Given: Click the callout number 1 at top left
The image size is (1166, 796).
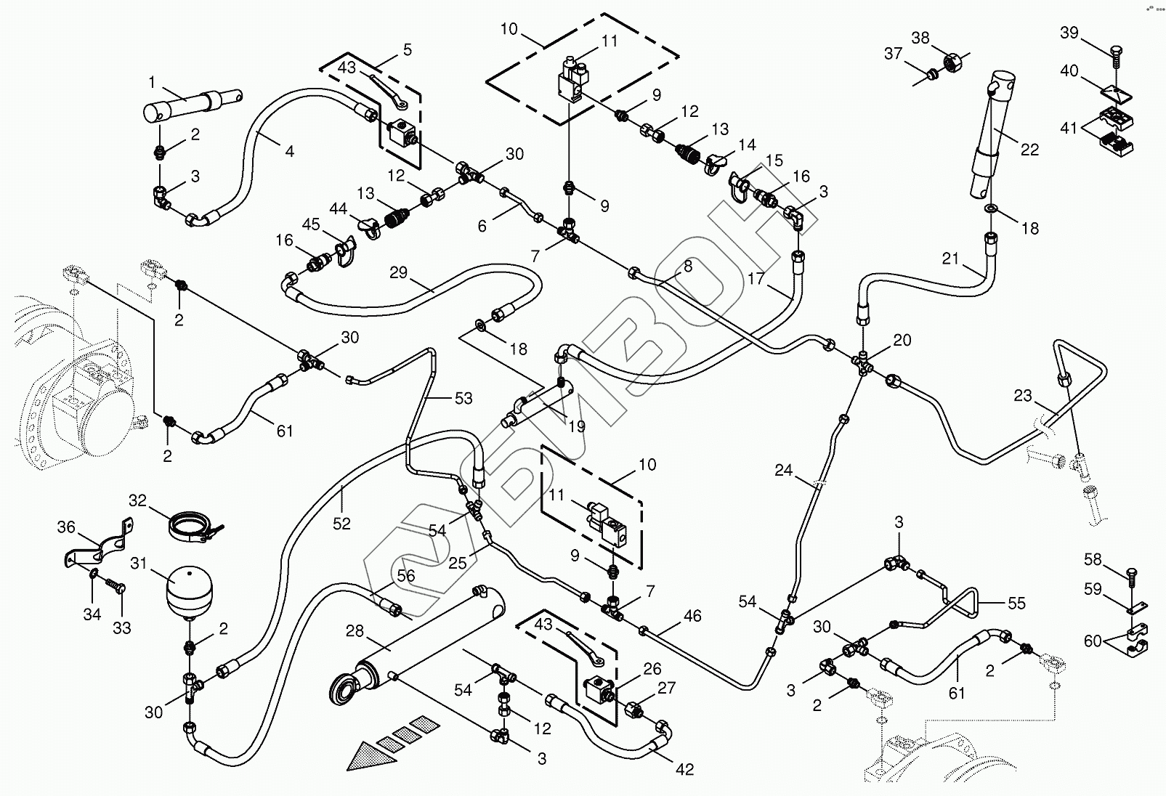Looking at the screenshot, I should point(152,81).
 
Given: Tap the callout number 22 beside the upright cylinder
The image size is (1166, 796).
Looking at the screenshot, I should point(1029,150).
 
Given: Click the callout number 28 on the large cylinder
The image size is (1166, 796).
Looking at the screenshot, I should point(355,631).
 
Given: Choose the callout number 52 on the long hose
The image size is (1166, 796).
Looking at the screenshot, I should point(341,523).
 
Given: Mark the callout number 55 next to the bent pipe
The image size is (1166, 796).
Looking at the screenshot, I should point(1016,603).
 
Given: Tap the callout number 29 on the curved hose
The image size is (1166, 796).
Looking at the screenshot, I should point(398,272).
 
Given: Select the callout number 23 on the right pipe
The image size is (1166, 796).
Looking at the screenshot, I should point(1023,396).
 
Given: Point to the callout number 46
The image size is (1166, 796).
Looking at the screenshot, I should point(692,616).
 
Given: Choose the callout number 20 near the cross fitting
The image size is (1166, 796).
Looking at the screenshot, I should point(902,340).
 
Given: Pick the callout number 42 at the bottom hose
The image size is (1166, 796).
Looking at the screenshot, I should point(684,770).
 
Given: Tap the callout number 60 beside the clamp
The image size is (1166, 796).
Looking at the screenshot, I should point(1093,641).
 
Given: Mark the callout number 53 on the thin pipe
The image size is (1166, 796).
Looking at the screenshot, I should point(463,398).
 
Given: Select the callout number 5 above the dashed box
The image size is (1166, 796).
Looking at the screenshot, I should point(407,49).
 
